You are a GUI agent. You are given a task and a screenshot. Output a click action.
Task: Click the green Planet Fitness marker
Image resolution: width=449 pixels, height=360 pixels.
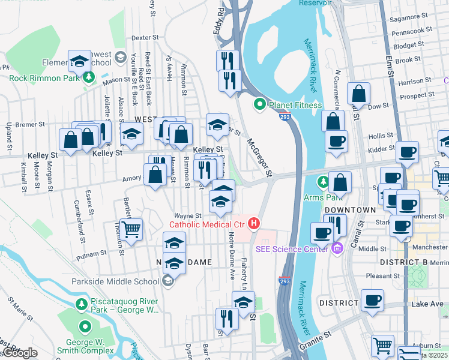[260, 104]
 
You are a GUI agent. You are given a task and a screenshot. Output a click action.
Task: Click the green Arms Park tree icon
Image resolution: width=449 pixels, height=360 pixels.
[324, 181]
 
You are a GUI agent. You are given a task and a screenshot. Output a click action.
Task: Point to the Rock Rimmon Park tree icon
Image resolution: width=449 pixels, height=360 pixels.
[89, 77]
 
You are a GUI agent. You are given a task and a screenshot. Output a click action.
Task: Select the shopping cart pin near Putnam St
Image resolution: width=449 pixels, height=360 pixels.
[131, 229]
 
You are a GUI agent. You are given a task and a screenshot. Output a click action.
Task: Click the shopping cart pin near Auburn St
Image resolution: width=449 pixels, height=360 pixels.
[382, 345]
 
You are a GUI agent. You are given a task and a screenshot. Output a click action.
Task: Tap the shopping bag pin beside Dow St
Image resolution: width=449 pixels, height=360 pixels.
[358, 94]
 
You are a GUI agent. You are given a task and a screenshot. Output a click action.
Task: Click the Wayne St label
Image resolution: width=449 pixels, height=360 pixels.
[187, 215]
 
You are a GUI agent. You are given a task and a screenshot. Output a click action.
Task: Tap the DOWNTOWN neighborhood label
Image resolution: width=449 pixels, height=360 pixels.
[349, 210]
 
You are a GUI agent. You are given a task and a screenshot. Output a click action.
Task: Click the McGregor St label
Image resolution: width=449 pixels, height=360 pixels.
[260, 158]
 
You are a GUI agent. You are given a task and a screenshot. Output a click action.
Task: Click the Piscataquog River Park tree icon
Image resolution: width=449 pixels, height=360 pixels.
[82, 305]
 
